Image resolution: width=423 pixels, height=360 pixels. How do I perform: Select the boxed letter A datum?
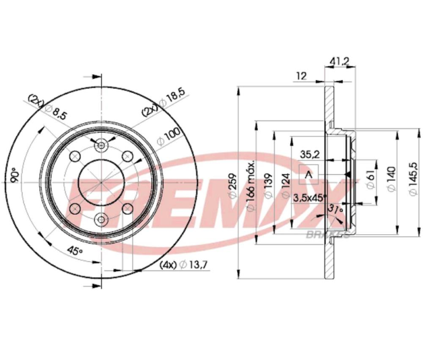point(309,175)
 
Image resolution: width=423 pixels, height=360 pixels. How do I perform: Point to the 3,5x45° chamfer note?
point(310,197)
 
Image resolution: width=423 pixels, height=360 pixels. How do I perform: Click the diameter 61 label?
point(370,178)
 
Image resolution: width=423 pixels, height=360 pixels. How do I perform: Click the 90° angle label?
point(13,176)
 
